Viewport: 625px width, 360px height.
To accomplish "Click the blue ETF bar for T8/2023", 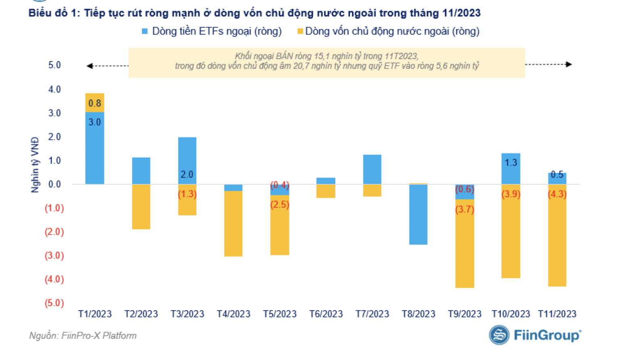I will tap(418, 214).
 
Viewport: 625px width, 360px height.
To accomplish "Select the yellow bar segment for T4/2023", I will tap(233, 224).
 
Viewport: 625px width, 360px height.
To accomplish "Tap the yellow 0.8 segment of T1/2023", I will tap(95, 103).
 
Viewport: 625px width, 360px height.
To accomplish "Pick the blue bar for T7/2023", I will tap(372, 170).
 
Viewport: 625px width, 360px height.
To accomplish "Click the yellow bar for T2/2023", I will tap(141, 207).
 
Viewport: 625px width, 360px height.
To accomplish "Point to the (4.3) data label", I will tap(557, 194).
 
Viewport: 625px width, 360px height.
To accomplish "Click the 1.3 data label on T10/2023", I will tap(511, 163).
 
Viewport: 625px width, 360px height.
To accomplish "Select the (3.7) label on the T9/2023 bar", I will tap(465, 209).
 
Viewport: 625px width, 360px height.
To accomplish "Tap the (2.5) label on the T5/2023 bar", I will tap(280, 205).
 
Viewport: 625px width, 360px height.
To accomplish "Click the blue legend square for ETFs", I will tap(145, 31).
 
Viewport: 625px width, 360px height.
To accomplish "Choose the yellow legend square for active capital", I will tap(300, 31).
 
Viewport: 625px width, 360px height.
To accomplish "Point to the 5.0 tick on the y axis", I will tap(55, 65).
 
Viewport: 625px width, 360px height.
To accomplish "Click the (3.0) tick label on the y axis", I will tap(54, 255).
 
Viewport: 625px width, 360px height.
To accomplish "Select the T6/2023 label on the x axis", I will tap(326, 314).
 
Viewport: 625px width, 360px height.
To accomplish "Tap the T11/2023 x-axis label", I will tap(557, 314).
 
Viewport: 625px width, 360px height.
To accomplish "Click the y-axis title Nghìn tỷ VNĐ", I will tap(36, 165).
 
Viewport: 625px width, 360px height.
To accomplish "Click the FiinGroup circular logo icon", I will tap(499, 335).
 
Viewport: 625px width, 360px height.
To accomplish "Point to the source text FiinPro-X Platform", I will tap(99, 336).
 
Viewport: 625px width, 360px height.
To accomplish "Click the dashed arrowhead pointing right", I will tap(569, 65).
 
